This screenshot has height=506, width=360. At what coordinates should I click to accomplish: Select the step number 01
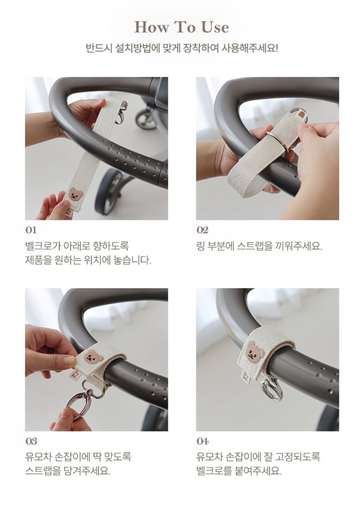tap(31, 230)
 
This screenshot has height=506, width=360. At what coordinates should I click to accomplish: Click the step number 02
tap(202, 230)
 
